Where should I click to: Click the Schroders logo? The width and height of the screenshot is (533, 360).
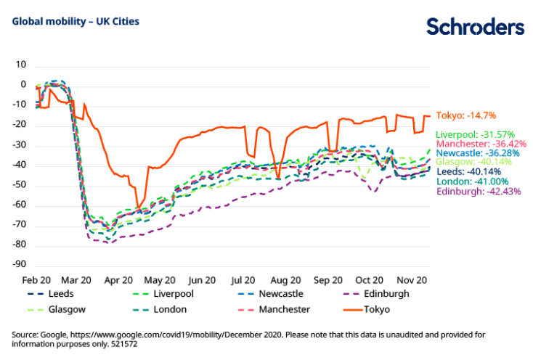click(474, 27)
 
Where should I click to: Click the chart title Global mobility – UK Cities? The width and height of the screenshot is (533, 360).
click(76, 21)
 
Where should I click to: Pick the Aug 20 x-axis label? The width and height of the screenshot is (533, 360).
click(285, 279)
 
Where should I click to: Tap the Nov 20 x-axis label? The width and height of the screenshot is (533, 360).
click(412, 279)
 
